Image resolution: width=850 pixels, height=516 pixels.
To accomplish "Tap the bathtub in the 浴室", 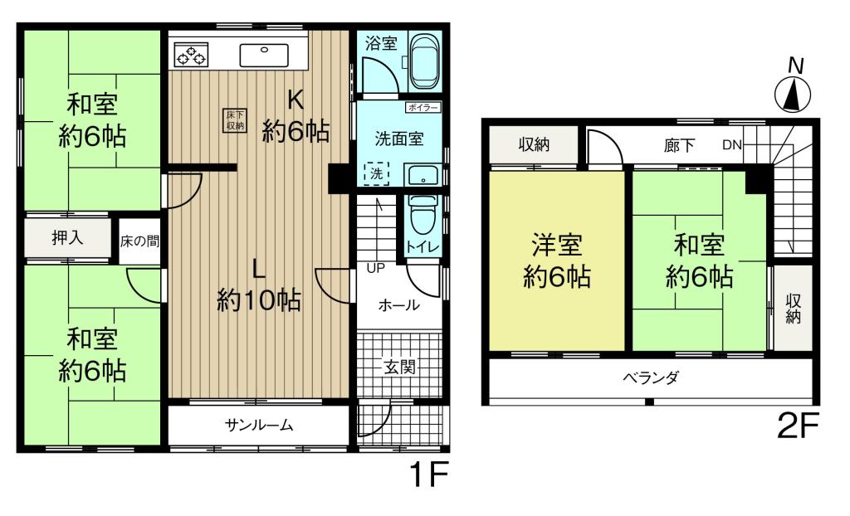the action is pyautogui.click(x=426, y=61).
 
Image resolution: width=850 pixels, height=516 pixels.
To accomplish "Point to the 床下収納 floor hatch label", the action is pyautogui.click(x=236, y=120).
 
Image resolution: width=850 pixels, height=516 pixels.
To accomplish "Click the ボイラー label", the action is pyautogui.click(x=423, y=107).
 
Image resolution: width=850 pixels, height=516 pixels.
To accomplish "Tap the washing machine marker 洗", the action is pyautogui.click(x=376, y=173).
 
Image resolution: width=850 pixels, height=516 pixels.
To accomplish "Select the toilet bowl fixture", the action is pyautogui.click(x=424, y=215).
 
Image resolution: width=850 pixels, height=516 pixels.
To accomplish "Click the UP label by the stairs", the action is pyautogui.click(x=376, y=268).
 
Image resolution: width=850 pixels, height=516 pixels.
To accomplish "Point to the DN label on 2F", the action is pyautogui.click(x=732, y=144).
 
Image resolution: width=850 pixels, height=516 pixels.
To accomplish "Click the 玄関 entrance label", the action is pyautogui.click(x=399, y=367).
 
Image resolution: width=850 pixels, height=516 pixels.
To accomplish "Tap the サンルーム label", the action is pyautogui.click(x=259, y=425).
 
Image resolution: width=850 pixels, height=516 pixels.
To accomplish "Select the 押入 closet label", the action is pyautogui.click(x=67, y=237).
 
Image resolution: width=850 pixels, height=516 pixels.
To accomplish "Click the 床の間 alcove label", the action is pyautogui.click(x=139, y=241).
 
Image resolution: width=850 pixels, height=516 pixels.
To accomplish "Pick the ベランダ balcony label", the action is pyautogui.click(x=651, y=377).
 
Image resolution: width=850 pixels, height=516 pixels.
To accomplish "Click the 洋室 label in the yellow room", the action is pyautogui.click(x=557, y=245).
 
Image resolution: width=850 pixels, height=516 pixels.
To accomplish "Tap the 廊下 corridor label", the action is pyautogui.click(x=679, y=144).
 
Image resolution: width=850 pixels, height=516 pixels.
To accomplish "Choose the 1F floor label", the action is pyautogui.click(x=429, y=475).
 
